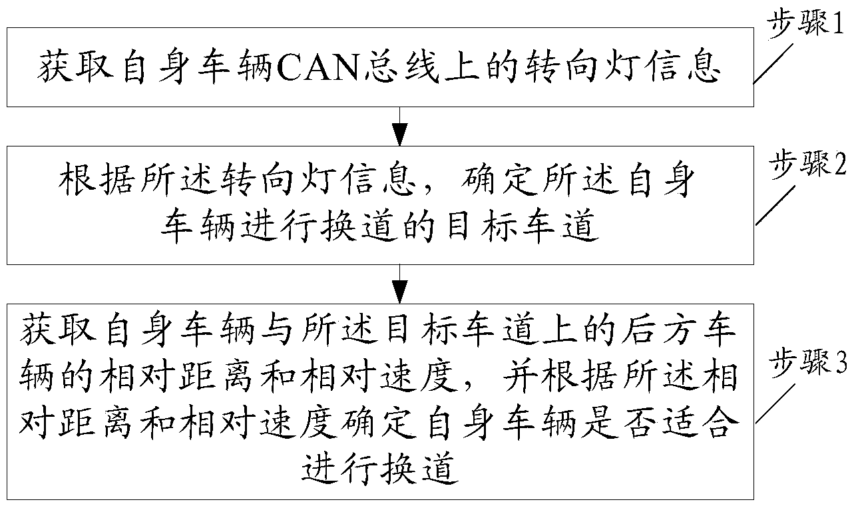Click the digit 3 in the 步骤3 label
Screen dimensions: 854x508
pyautogui.click(x=841, y=364)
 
